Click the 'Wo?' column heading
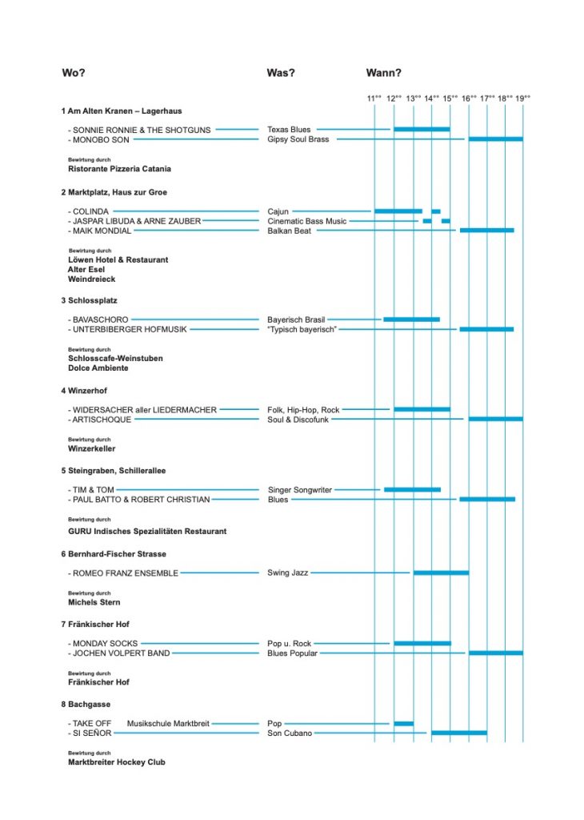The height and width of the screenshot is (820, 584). [73, 73]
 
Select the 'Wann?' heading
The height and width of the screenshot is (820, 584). [383, 73]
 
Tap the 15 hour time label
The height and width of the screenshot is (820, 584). [450, 98]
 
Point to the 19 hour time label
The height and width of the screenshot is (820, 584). [522, 98]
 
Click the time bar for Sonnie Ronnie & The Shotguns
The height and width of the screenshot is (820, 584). [422, 129]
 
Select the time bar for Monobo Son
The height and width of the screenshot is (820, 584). [496, 139]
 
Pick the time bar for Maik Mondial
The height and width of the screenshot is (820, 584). [487, 230]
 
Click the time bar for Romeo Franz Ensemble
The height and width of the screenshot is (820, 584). [441, 573]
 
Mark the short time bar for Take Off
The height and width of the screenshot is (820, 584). [403, 723]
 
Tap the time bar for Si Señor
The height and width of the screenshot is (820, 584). [459, 733]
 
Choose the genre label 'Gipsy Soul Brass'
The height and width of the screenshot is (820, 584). [298, 139]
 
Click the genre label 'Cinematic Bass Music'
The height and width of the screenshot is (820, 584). [306, 221]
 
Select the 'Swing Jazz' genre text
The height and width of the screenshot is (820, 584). [287, 573]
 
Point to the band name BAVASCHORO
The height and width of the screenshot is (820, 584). [100, 320]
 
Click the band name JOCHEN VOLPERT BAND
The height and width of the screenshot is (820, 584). [121, 653]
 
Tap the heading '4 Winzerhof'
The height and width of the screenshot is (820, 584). [84, 391]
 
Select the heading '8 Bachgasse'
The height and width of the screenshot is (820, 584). [86, 705]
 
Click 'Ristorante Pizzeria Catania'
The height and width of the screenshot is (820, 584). [120, 169]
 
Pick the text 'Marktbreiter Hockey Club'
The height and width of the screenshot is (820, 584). [117, 762]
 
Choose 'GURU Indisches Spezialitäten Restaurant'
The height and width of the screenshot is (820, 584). [147, 532]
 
